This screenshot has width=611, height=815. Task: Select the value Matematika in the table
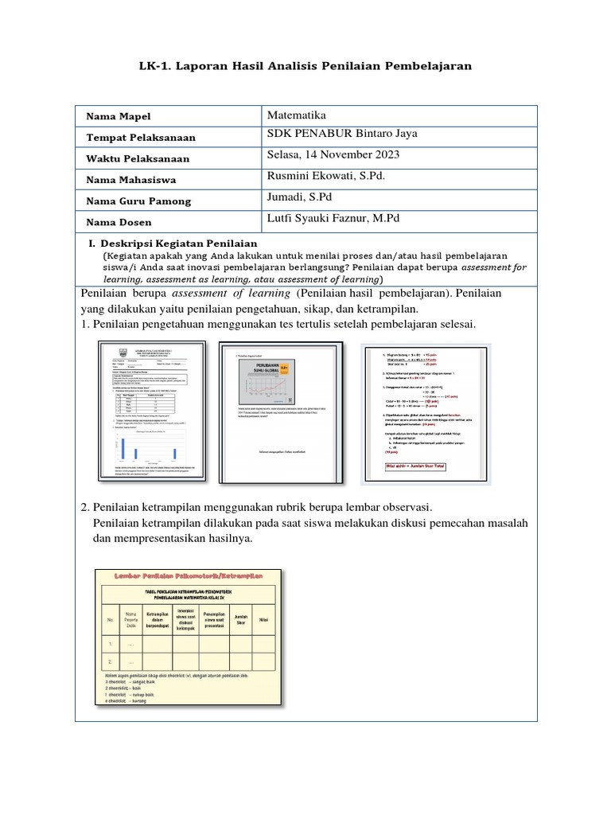[298, 116]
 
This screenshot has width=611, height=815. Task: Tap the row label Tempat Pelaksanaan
[141, 138]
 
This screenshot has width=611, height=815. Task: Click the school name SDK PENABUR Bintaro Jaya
[342, 134]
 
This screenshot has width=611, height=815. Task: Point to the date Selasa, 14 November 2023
[334, 155]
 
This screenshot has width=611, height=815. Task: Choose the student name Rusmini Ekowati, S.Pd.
[326, 176]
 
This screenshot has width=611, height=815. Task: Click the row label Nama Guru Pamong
[138, 201]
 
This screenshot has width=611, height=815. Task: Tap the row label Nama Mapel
[118, 117]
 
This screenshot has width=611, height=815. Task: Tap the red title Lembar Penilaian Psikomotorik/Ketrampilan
[189, 575]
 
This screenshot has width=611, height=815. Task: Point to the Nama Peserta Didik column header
[130, 618]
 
